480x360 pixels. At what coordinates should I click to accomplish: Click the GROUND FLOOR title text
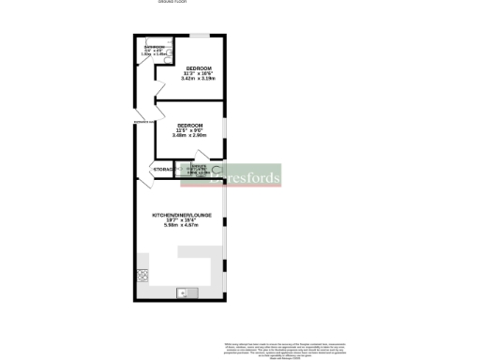172,3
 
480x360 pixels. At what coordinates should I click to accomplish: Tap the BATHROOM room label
153,46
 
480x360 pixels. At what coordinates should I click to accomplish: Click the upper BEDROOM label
198,68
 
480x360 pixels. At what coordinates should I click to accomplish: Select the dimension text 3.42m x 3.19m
198,80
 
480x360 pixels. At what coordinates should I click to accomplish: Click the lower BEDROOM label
190,125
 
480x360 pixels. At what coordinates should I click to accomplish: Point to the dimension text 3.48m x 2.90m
190,136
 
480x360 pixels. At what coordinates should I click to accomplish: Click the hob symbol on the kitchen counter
143,275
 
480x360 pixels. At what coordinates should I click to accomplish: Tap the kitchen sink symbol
183,292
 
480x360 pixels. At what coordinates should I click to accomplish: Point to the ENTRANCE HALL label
143,122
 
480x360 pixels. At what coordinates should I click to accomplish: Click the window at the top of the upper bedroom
199,36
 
